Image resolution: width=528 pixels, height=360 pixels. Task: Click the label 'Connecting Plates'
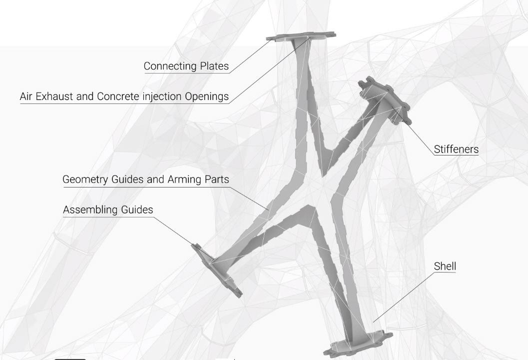click(x=186, y=66)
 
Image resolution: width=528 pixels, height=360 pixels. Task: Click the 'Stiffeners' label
click(x=456, y=149)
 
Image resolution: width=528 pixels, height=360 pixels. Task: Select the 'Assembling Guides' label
click(x=108, y=210)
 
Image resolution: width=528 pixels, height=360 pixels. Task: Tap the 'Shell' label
click(x=445, y=266)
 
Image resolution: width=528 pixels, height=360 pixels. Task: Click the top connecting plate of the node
click(x=301, y=36)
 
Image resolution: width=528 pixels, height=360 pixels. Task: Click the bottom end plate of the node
click(x=357, y=345)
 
